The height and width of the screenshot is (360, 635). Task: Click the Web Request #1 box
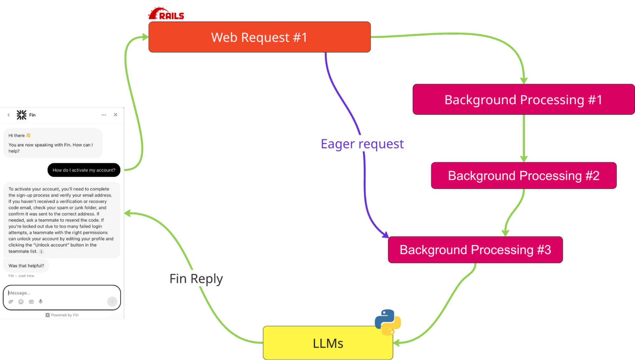pos(259,37)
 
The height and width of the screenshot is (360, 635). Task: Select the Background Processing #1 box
pos(523,99)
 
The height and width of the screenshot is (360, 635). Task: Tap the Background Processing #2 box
pos(524,176)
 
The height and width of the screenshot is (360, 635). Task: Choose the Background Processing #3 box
pos(475,250)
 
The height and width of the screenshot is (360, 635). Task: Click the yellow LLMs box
pos(328,343)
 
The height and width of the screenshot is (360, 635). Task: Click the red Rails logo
pos(166,14)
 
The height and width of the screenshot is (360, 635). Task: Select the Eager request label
pos(362,144)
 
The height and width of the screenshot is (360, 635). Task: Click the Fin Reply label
pos(196,279)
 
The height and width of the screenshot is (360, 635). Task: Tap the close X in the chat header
pos(116,115)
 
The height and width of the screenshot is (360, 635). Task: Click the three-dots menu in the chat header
pos(104,115)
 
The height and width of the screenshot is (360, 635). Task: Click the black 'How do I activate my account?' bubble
pos(84,170)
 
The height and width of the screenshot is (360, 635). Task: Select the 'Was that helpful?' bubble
pos(26,266)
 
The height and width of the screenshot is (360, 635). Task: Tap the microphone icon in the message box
pos(41,302)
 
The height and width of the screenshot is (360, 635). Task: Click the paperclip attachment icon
pos(11,302)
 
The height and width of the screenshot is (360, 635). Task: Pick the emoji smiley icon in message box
pos(21,302)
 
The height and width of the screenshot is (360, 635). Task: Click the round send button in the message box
pos(112,302)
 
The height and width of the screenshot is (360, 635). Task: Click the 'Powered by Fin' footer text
pos(62,315)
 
